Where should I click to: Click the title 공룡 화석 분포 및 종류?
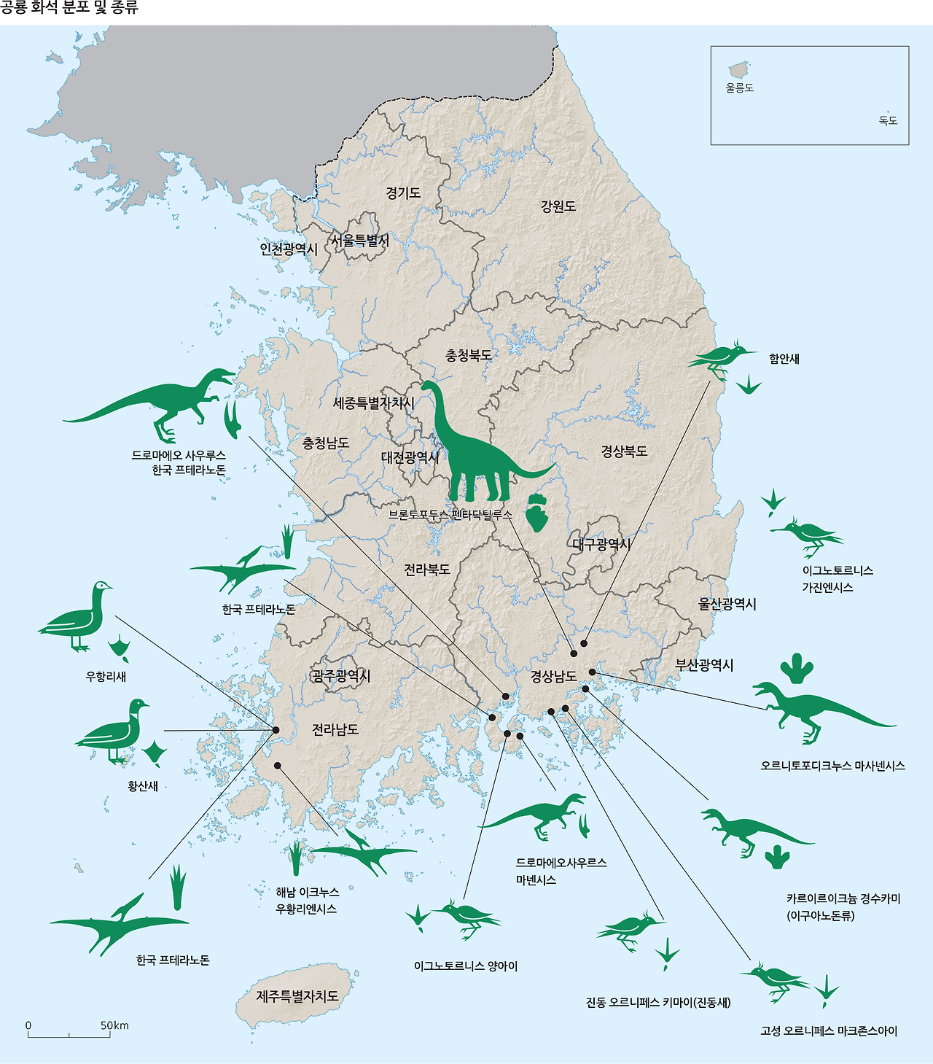point(69,9)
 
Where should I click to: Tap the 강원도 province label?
point(558,206)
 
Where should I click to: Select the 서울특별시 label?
point(360,240)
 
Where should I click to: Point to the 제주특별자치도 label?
point(297,996)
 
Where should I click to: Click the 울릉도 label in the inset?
point(739,88)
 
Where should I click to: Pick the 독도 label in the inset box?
point(888,120)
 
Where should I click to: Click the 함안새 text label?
point(784,359)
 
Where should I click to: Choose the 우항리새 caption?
point(106,677)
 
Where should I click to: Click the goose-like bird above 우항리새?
point(77,616)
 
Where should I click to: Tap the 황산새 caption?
point(143,786)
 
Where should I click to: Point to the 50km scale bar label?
point(114,1025)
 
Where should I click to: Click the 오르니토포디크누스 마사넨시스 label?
point(832,766)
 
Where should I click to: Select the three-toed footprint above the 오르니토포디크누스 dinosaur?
point(796,668)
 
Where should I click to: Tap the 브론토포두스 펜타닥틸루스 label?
point(450,514)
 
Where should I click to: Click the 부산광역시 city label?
point(704,665)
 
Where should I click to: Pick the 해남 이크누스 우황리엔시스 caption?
point(307,901)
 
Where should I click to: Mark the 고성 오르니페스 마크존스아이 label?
point(829,1031)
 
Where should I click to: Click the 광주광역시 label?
point(341,676)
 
